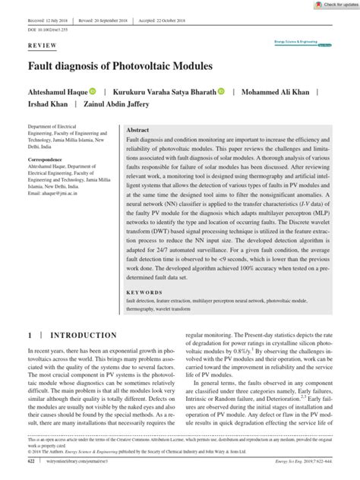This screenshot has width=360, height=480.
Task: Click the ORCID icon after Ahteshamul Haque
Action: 93,91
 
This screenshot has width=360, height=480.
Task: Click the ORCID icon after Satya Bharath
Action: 221,91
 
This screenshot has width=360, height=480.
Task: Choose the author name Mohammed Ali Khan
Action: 279,91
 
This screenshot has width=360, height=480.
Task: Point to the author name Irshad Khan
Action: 48,105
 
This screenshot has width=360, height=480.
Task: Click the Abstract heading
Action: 137,131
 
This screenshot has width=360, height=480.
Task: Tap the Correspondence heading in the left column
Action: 49,160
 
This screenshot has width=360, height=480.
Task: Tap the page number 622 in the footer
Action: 31,460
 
